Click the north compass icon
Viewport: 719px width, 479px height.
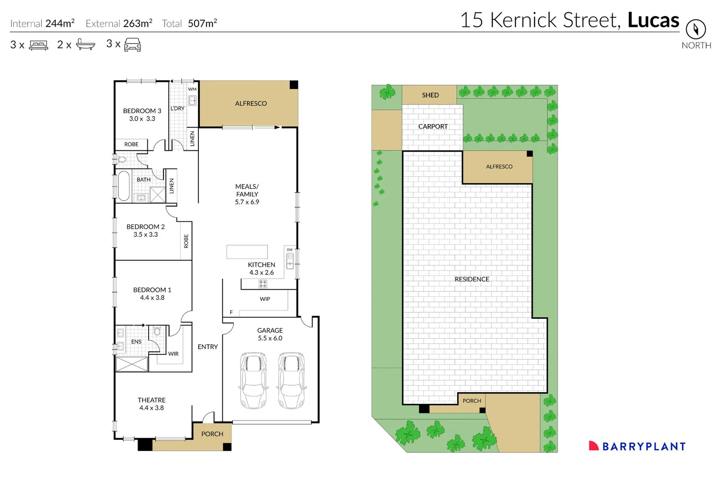[x=695, y=29]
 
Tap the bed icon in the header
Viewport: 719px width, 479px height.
[x=39, y=45]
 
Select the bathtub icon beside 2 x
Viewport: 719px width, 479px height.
[x=85, y=44]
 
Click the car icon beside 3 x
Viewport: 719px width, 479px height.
[x=132, y=44]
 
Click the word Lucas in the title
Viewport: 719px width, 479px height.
[x=653, y=20]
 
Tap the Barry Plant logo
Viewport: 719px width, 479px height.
[x=637, y=446]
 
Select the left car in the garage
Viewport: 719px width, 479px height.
[x=253, y=381]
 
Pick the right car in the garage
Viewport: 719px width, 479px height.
[x=291, y=381]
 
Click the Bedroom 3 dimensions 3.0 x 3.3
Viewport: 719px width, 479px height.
[x=142, y=119]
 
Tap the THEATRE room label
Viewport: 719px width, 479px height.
[x=151, y=400]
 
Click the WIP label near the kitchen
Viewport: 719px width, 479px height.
[x=265, y=299]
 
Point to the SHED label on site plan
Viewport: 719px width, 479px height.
[x=430, y=95]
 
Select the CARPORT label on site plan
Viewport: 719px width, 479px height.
[x=433, y=126]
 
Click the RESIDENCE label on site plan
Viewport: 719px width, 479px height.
[x=472, y=279]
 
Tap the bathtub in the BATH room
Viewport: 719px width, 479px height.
[x=123, y=186]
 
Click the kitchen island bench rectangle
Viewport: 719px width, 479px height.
[x=247, y=251]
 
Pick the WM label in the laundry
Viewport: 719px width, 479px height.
[x=192, y=89]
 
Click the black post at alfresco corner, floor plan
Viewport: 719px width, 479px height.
[x=293, y=85]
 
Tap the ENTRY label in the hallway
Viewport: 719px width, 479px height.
[x=208, y=347]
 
